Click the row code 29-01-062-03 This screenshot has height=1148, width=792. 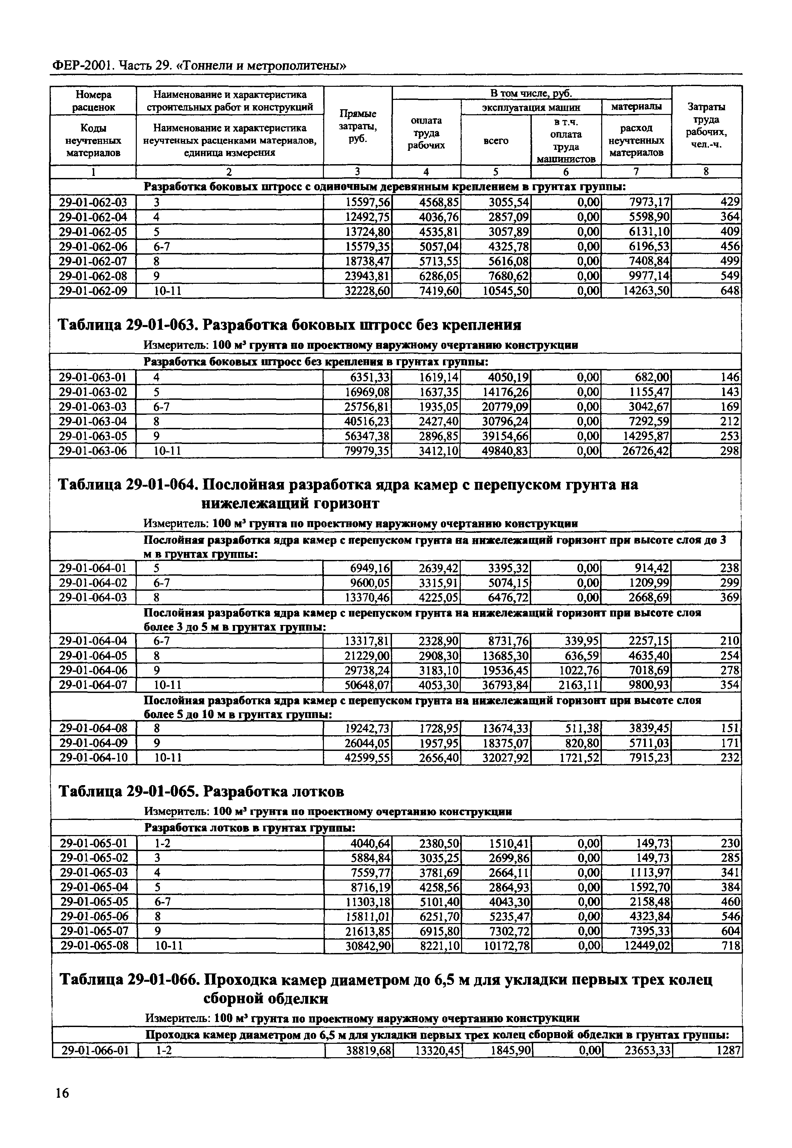93,202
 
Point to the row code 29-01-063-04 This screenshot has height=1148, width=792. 93,422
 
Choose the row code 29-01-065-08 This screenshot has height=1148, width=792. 94,946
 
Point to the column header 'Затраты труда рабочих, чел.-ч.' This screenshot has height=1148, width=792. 706,125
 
